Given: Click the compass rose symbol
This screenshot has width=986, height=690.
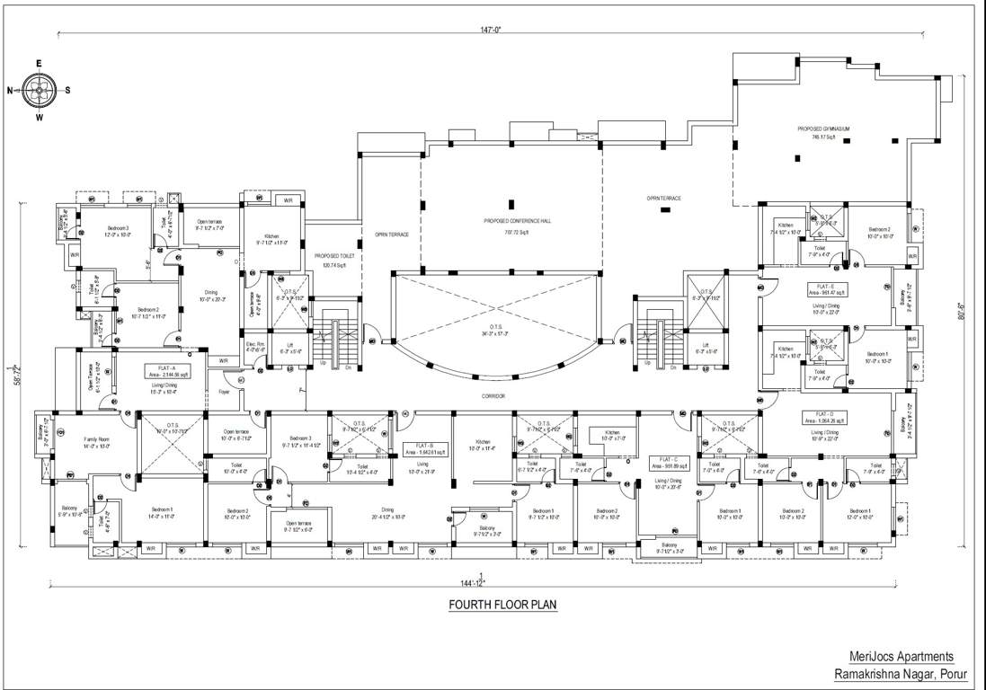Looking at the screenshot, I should [x=39, y=90].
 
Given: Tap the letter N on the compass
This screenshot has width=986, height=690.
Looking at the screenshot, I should [x=10, y=90].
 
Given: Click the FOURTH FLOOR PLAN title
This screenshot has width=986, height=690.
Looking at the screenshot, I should [x=502, y=605].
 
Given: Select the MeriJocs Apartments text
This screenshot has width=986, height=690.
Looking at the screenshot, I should [x=902, y=657].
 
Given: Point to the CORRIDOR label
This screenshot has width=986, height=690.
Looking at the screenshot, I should [x=493, y=396].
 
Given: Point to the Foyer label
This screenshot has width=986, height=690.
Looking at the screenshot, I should [x=225, y=392].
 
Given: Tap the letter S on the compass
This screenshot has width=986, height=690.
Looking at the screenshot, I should [x=67, y=90].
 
